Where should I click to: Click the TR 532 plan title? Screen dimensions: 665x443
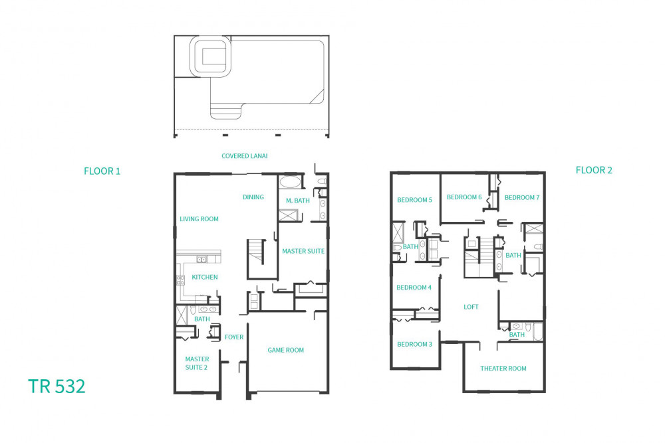[57, 387]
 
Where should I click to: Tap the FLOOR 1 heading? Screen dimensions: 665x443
[102, 171]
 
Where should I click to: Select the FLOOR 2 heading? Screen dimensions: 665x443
[594, 170]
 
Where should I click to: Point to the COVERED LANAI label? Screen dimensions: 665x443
[245, 156]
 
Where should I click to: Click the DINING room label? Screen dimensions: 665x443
[253, 197]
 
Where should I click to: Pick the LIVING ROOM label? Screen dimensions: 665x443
[199, 219]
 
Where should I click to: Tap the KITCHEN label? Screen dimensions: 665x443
[205, 277]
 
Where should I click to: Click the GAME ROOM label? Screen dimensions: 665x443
[285, 350]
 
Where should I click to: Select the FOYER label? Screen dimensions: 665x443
[234, 337]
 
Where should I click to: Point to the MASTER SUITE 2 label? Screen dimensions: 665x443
[197, 363]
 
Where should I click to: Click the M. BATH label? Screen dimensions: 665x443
[298, 201]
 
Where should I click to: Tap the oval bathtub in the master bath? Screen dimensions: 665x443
[290, 183]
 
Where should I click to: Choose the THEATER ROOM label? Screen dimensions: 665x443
[503, 369]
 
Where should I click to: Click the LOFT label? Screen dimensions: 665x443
[471, 307]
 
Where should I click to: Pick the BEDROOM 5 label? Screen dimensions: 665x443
[415, 200]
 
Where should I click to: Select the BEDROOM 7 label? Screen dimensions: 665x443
[522, 197]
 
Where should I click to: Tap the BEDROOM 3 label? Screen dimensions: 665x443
[415, 344]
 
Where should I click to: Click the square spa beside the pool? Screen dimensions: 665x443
[211, 56]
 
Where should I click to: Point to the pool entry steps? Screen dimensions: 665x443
[226, 112]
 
